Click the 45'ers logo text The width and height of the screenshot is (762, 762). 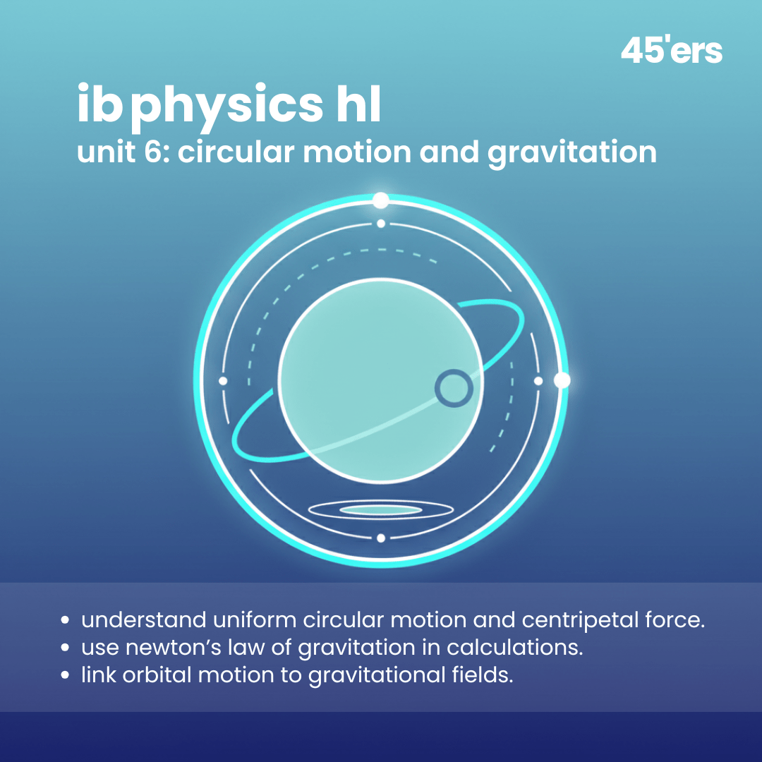coord(671,52)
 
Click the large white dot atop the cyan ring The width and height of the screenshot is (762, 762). coord(381,200)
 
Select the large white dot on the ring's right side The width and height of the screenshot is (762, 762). coord(562,381)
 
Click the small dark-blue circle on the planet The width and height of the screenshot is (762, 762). coord(453,389)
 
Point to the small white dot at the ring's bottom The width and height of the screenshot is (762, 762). coord(381,538)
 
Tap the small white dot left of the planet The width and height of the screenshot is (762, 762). coord(223,381)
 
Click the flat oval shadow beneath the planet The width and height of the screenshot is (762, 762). coord(381,509)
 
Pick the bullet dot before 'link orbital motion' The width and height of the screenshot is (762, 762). coord(66,675)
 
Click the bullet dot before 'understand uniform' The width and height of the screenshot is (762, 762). coord(66,622)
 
